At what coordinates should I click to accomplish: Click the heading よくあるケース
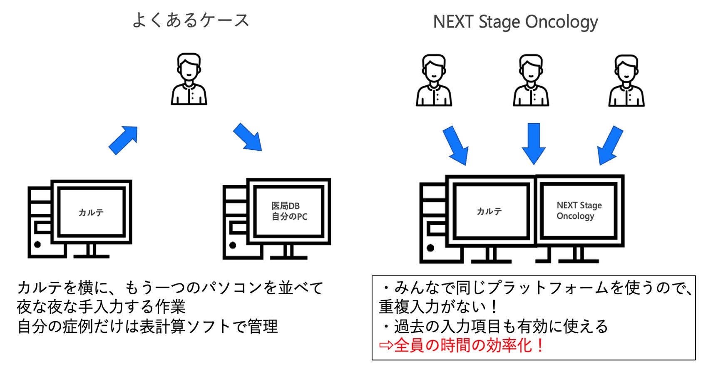coord(191,20)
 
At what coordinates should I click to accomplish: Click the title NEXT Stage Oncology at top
coord(515,22)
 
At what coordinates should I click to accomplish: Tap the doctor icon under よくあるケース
coord(189,79)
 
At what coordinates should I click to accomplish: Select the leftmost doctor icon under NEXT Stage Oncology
coord(434,80)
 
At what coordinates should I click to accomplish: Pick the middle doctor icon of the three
coord(531,80)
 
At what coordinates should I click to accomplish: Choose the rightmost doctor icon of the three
coord(626,80)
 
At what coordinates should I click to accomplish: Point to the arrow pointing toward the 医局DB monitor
coord(248,137)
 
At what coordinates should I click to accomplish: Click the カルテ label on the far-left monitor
coord(91,213)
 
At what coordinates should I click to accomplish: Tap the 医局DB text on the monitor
coord(286,206)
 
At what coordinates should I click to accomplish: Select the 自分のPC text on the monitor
coord(289,217)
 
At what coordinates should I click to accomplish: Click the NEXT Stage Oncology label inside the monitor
coord(579,211)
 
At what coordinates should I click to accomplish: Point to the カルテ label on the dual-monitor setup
coord(489,211)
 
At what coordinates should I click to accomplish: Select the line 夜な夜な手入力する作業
coord(101,307)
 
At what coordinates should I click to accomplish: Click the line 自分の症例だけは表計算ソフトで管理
coord(147,326)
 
